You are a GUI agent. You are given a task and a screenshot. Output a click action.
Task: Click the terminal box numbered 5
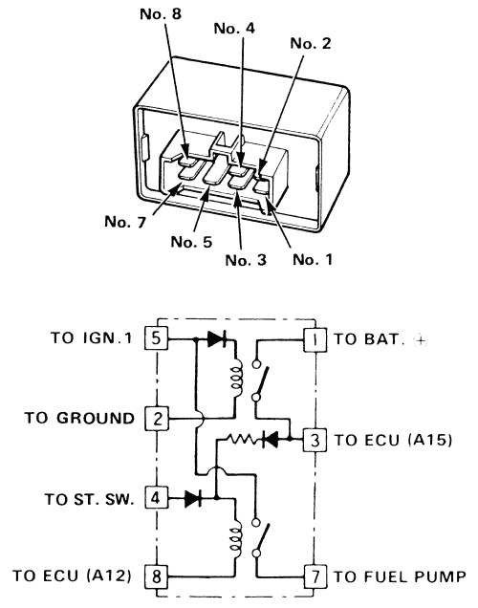coord(157,338)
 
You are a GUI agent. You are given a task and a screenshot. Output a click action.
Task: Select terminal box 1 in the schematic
coord(315,340)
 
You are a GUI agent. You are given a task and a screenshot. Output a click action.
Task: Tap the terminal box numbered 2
coord(157,419)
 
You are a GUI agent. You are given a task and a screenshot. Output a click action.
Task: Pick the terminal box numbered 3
coord(315,440)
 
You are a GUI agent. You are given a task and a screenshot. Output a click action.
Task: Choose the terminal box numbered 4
coord(157,497)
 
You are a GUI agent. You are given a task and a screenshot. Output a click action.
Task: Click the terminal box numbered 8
coord(157,575)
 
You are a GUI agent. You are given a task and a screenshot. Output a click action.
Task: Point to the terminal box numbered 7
coord(315,576)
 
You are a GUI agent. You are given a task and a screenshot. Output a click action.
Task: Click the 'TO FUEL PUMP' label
coord(400,576)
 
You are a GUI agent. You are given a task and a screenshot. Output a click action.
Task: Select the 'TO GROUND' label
coord(79,418)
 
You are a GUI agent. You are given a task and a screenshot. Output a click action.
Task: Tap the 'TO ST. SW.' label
coord(90,499)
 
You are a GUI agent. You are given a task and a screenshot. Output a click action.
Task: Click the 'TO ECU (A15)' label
coord(393,440)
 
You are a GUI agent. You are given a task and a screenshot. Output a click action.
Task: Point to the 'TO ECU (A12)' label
coord(72,575)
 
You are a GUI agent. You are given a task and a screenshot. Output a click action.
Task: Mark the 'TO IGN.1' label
coord(92,337)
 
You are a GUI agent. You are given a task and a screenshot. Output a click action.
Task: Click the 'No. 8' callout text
coord(161,14)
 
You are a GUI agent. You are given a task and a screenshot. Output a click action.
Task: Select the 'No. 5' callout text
coord(191,242)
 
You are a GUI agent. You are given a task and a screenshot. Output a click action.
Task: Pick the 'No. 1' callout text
coord(313,259)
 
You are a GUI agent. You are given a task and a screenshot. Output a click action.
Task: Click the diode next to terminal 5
coord(217,339)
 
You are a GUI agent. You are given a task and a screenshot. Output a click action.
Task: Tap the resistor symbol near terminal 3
coord(241,439)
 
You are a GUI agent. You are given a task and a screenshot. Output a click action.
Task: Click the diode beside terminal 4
coord(193,498)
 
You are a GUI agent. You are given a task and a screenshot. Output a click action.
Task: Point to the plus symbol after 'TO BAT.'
coord(421,341)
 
